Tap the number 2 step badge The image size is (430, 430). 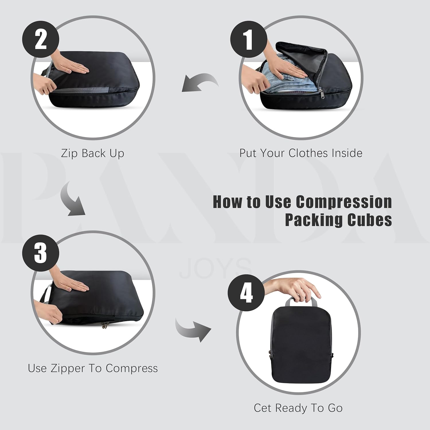click(x=41, y=40)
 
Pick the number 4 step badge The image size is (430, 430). click(x=246, y=292)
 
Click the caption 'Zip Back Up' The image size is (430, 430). click(x=93, y=153)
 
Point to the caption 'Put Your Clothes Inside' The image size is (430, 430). click(x=301, y=153)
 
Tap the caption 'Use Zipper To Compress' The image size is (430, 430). click(x=93, y=368)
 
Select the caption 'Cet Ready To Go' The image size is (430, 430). click(x=298, y=408)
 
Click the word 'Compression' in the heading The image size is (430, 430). click(x=344, y=202)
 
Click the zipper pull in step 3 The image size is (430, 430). click(x=105, y=325)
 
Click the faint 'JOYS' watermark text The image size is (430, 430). click(x=215, y=268)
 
